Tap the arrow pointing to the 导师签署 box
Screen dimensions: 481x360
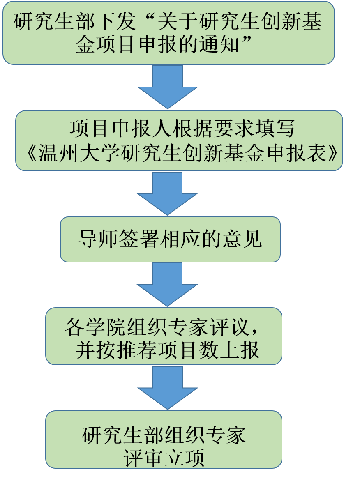[x=168, y=193]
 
